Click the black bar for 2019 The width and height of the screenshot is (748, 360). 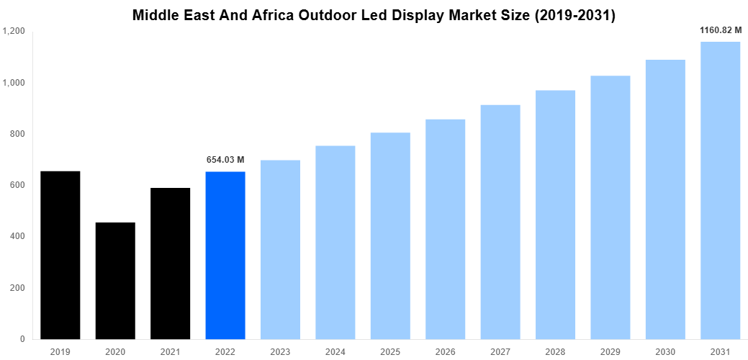(x=60, y=255)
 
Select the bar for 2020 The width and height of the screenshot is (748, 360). (x=115, y=281)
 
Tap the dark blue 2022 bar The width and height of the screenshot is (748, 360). (x=225, y=255)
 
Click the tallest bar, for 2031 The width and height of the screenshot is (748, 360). (x=720, y=190)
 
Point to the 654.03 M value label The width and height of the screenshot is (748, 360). (x=225, y=160)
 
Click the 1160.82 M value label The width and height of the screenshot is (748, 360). (x=721, y=30)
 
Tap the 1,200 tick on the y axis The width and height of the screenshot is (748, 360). (x=14, y=32)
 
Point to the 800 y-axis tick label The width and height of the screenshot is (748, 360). (x=17, y=134)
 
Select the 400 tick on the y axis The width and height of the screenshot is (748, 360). (x=17, y=236)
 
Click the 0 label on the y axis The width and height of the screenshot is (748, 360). (x=22, y=339)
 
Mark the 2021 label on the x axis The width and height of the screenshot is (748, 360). (x=170, y=351)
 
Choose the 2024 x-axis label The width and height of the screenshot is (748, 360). (x=335, y=351)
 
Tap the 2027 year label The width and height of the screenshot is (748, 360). (x=500, y=351)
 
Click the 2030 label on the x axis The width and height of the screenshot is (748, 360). (x=664, y=351)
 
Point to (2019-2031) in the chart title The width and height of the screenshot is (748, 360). (x=567, y=15)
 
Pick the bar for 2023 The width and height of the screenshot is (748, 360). (x=280, y=249)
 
